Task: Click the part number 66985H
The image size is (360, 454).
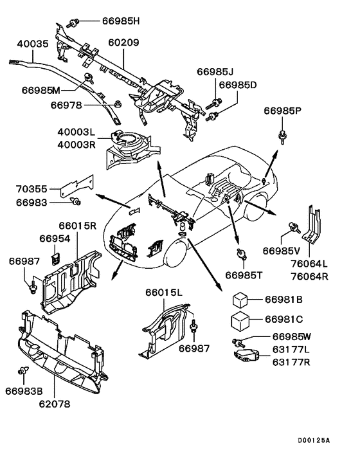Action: (121, 21)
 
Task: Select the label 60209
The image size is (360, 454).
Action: (123, 42)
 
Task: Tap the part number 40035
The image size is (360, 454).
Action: (33, 44)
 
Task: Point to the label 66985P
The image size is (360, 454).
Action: (282, 111)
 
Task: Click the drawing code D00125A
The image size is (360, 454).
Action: (314, 440)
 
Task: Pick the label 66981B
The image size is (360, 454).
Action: (283, 300)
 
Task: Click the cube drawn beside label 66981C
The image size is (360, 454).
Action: (240, 320)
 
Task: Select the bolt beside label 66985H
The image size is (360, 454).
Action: (73, 23)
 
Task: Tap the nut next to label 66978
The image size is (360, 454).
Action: (117, 104)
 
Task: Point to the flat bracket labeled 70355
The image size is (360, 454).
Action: (77, 186)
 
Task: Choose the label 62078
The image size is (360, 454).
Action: (55, 404)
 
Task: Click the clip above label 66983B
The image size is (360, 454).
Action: (23, 370)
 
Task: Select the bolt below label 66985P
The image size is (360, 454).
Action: (282, 137)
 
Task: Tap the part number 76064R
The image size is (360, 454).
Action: (310, 277)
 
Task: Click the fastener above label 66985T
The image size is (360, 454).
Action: (241, 253)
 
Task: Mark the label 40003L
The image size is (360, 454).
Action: (76, 132)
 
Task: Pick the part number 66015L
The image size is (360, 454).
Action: (164, 293)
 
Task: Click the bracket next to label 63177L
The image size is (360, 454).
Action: (246, 355)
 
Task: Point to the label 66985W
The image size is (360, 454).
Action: (292, 337)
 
